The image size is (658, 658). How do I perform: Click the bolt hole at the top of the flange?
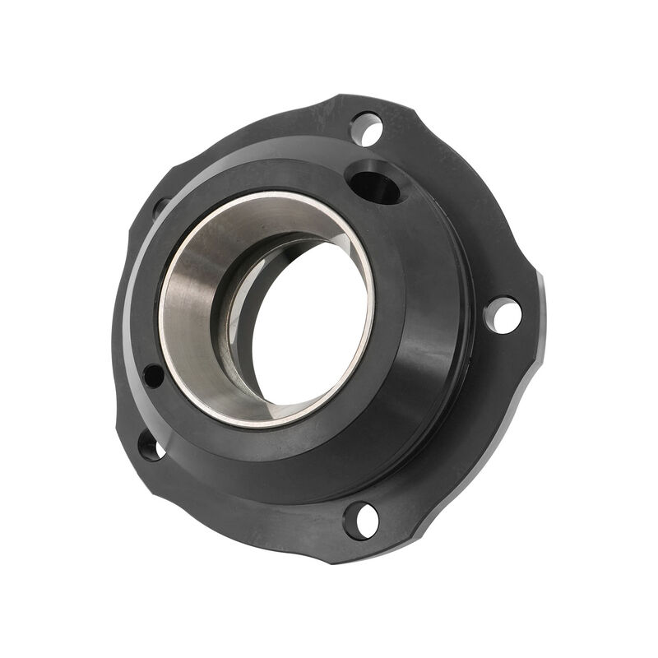click(366, 129)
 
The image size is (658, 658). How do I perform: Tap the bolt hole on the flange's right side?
click(503, 315)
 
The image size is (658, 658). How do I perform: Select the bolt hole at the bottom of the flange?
click(361, 520)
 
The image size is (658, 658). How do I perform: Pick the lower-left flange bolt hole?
click(150, 446)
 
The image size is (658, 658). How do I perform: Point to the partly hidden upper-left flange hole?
click(160, 206)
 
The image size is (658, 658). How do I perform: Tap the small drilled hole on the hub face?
click(153, 376)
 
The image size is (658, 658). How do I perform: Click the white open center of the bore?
click(308, 321)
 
